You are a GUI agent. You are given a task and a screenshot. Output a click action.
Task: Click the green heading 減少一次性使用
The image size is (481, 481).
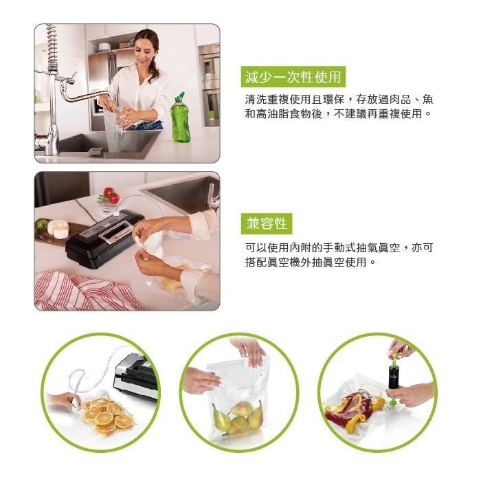click(x=293, y=77)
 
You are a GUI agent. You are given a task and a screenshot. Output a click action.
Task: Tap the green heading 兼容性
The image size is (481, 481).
click(x=267, y=223)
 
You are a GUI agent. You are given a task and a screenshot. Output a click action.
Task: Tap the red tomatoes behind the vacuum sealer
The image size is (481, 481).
click(x=111, y=194)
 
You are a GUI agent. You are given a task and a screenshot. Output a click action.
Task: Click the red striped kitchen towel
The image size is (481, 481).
click(x=86, y=291)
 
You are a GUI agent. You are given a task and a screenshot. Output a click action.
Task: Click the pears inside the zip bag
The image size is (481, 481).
click(x=238, y=416)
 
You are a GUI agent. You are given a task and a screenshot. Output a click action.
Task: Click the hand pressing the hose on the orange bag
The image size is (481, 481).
click(x=63, y=400)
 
